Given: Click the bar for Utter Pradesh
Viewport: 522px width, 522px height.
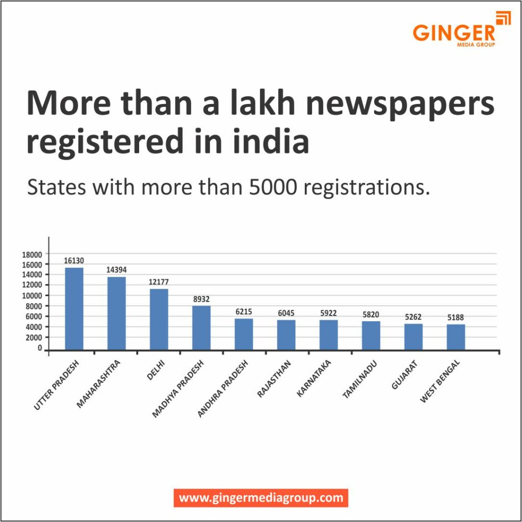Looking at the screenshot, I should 74,308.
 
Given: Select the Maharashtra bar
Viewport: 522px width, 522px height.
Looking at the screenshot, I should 116,313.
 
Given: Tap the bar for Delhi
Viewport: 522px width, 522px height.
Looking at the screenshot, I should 159,319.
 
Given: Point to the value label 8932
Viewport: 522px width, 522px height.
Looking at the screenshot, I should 201,299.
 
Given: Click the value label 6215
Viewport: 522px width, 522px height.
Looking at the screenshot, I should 244,311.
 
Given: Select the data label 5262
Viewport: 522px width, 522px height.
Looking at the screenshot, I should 413,317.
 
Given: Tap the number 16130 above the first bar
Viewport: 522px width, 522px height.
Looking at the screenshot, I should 74,260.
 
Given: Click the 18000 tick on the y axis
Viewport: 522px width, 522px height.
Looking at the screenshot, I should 33,254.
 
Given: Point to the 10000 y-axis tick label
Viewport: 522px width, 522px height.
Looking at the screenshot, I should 33,296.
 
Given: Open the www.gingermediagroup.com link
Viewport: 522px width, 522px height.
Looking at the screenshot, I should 261,498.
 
